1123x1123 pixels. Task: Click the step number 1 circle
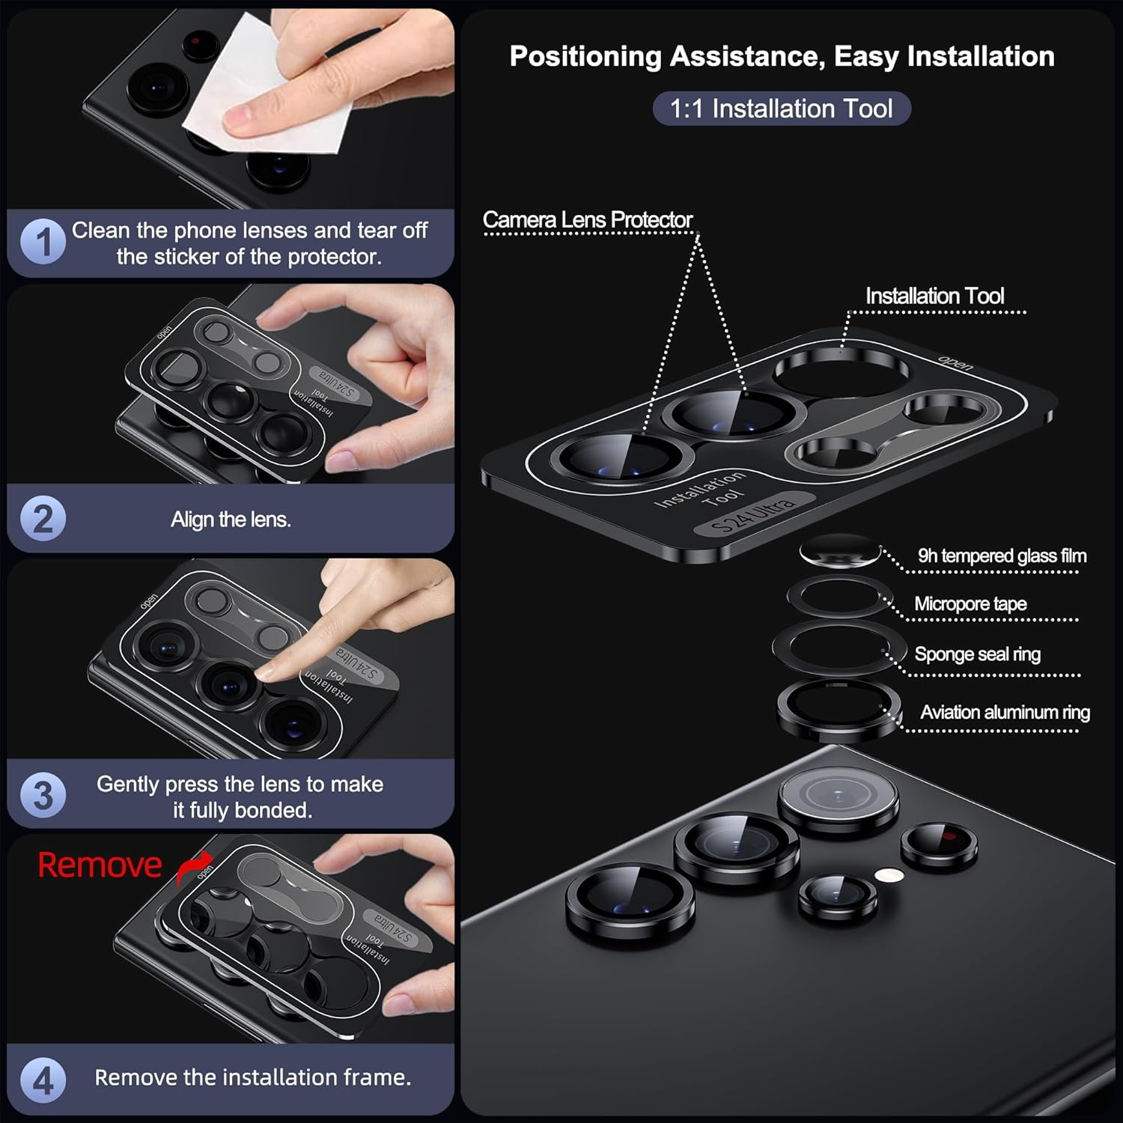click(x=43, y=242)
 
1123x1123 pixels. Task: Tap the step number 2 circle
click(x=43, y=519)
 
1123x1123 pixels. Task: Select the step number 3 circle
click(x=43, y=795)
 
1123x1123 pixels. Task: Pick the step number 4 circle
click(x=43, y=1080)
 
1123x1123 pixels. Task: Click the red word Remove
click(x=100, y=865)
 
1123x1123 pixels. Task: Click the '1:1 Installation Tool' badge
click(x=781, y=109)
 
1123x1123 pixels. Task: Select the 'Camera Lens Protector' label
click(x=588, y=219)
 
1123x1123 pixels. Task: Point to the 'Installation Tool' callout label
click(x=934, y=296)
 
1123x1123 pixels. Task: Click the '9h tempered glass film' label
click(x=1002, y=556)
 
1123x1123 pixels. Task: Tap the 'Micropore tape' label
click(x=970, y=603)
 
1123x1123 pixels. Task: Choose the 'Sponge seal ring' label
click(x=977, y=654)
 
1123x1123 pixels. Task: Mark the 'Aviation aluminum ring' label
click(x=1005, y=712)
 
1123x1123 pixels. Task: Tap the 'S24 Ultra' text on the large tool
click(x=752, y=515)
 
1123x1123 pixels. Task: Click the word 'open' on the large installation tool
click(x=956, y=364)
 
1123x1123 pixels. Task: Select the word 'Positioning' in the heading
click(x=584, y=56)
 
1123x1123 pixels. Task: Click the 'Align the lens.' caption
click(x=231, y=519)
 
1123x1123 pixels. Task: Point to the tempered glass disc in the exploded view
click(x=839, y=551)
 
